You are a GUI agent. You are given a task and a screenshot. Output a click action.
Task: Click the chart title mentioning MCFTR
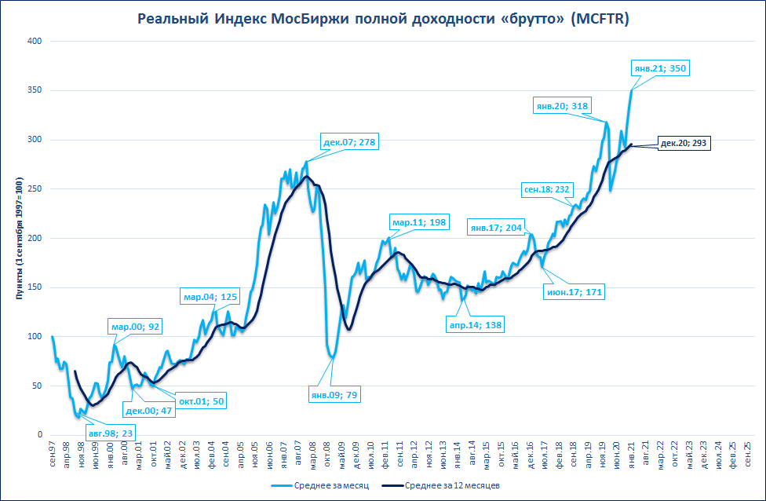pyautogui.click(x=383, y=18)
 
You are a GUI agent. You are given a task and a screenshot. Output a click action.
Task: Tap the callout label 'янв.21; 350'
pyautogui.click(x=659, y=68)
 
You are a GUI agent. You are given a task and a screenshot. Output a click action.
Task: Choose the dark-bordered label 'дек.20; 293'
pyautogui.click(x=684, y=144)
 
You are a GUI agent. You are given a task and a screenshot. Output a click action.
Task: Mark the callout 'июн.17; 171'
pyautogui.click(x=575, y=292)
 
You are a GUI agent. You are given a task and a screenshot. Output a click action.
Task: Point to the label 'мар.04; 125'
pyautogui.click(x=210, y=297)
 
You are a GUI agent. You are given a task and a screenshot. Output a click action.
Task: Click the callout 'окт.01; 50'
pyautogui.click(x=201, y=401)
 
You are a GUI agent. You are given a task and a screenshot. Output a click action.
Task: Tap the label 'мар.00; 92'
pyautogui.click(x=136, y=327)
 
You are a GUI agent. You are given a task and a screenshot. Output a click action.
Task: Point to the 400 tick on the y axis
pyautogui.click(x=35, y=41)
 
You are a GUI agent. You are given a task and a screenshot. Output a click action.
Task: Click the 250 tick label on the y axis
pyautogui.click(x=35, y=189)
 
